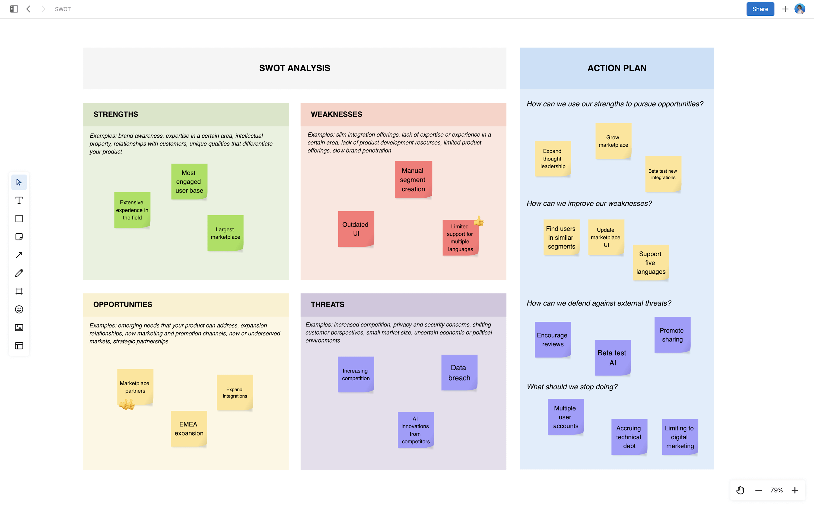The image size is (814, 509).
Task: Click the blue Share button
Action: point(760,9)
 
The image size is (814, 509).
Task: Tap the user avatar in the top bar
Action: point(800,9)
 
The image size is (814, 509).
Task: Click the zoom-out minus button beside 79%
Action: point(758,490)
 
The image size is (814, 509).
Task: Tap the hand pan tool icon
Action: point(740,490)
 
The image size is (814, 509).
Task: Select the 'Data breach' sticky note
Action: point(459,373)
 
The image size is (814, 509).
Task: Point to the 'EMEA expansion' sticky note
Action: point(189,429)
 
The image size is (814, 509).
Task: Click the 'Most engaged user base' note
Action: point(189,181)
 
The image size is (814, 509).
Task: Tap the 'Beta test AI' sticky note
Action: point(612,358)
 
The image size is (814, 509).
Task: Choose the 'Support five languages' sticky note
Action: point(651,263)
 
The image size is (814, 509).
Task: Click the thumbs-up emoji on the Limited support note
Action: point(479,221)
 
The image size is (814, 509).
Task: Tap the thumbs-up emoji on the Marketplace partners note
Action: point(127,404)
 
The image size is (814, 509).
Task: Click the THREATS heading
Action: point(327,304)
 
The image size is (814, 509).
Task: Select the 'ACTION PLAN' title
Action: point(616,68)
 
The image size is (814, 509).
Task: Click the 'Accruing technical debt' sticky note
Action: point(629,437)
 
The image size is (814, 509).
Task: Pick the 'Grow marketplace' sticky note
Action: point(613,141)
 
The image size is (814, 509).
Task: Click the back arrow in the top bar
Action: point(28,9)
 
